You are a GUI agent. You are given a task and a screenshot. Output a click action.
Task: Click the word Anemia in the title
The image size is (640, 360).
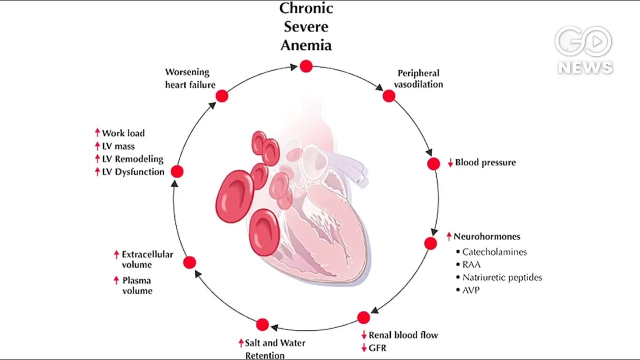tap(306, 45)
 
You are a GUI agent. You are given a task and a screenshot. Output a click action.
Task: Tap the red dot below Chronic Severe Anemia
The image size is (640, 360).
tap(306, 66)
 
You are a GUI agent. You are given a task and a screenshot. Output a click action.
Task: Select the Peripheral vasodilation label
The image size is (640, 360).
tap(418, 79)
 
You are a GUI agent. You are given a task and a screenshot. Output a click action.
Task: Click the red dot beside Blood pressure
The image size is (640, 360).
tap(433, 163)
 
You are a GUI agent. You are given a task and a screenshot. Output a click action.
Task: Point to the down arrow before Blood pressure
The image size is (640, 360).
tap(450, 163)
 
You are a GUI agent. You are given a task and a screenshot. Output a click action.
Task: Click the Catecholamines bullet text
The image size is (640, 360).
tap(494, 252)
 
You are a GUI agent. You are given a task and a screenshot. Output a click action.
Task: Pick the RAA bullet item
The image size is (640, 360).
tap(471, 264)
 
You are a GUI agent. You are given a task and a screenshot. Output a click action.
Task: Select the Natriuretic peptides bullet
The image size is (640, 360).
tap(501, 277)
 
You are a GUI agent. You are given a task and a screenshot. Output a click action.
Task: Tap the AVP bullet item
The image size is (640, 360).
tap(470, 290)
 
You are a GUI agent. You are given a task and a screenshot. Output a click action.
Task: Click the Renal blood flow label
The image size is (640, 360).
tap(403, 335)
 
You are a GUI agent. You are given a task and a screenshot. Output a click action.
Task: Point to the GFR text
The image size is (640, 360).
tap(377, 348)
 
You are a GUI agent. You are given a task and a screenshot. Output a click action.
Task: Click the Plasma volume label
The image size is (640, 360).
tap(137, 285)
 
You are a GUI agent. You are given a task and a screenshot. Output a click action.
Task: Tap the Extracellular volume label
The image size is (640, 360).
tap(147, 259)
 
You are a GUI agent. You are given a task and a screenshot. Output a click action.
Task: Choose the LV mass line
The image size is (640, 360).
tap(118, 146)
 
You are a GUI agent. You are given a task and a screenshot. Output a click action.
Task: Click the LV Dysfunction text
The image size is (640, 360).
tap(133, 172)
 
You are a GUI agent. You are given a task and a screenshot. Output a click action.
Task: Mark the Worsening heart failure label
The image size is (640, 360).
tap(190, 78)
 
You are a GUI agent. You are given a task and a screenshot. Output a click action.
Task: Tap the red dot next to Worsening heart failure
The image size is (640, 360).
tap(222, 96)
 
